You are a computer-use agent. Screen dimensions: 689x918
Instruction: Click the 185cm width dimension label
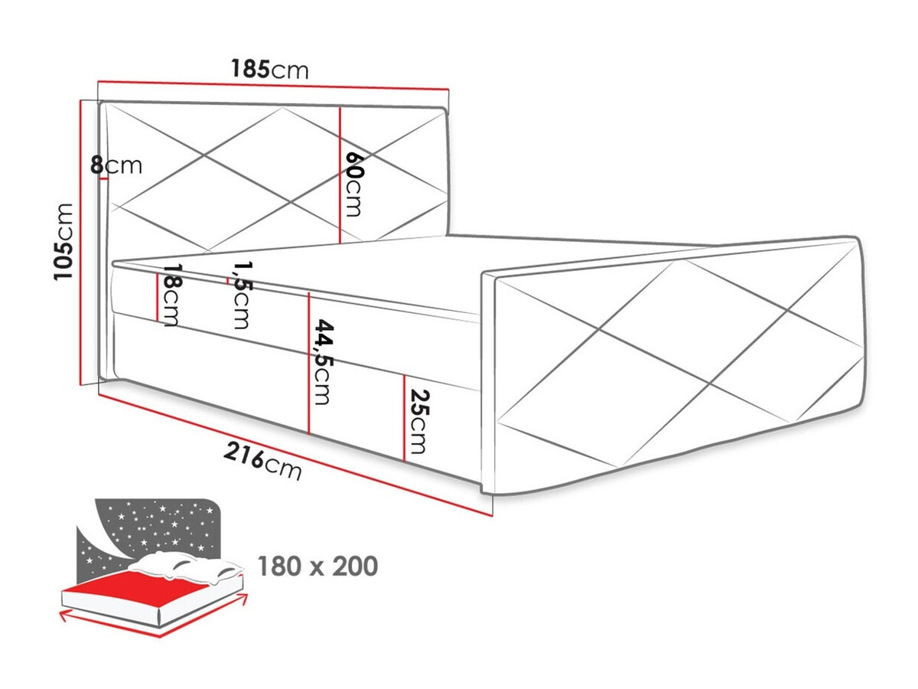(270, 70)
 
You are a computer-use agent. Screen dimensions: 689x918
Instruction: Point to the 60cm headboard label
(354, 184)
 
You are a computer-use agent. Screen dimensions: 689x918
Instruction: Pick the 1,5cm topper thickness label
(241, 294)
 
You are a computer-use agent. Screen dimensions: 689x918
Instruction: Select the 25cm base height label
(417, 421)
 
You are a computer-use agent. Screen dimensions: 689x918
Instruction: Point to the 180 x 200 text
(317, 567)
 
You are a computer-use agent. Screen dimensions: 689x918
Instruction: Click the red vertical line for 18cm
(158, 298)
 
